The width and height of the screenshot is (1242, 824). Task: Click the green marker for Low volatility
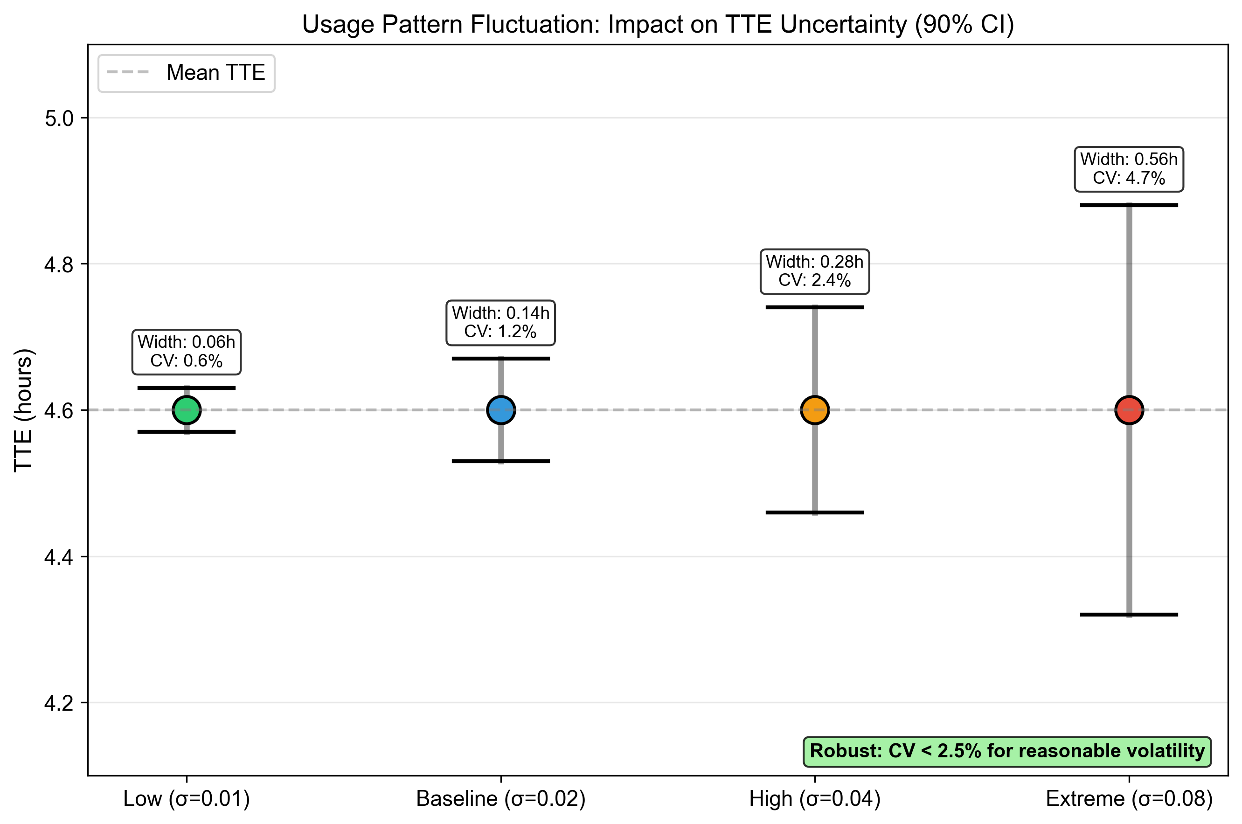click(x=187, y=410)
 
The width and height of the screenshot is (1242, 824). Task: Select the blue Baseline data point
click(x=501, y=410)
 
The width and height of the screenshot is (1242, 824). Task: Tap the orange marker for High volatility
click(x=815, y=410)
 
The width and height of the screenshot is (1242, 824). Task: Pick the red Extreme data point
click(x=1129, y=410)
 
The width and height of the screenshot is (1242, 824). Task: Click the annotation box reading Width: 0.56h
click(x=1129, y=169)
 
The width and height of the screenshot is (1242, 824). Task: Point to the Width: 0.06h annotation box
click(x=187, y=352)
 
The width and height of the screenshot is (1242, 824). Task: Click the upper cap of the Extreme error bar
click(x=1129, y=205)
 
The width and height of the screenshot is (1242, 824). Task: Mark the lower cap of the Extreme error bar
click(x=1129, y=614)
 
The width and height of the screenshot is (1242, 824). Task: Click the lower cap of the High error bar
click(x=815, y=512)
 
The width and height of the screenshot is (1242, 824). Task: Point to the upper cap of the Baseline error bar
click(x=501, y=359)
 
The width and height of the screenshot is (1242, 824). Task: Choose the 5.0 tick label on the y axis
click(x=59, y=119)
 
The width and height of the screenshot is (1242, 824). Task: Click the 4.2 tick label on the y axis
click(x=59, y=703)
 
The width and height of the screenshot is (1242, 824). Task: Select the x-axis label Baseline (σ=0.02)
click(x=500, y=799)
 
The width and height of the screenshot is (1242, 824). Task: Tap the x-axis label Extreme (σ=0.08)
click(x=1129, y=799)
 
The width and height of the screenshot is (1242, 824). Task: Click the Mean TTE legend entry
click(x=187, y=73)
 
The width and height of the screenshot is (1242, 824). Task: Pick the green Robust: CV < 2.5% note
click(x=1006, y=751)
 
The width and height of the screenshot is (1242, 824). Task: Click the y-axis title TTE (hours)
click(x=24, y=410)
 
